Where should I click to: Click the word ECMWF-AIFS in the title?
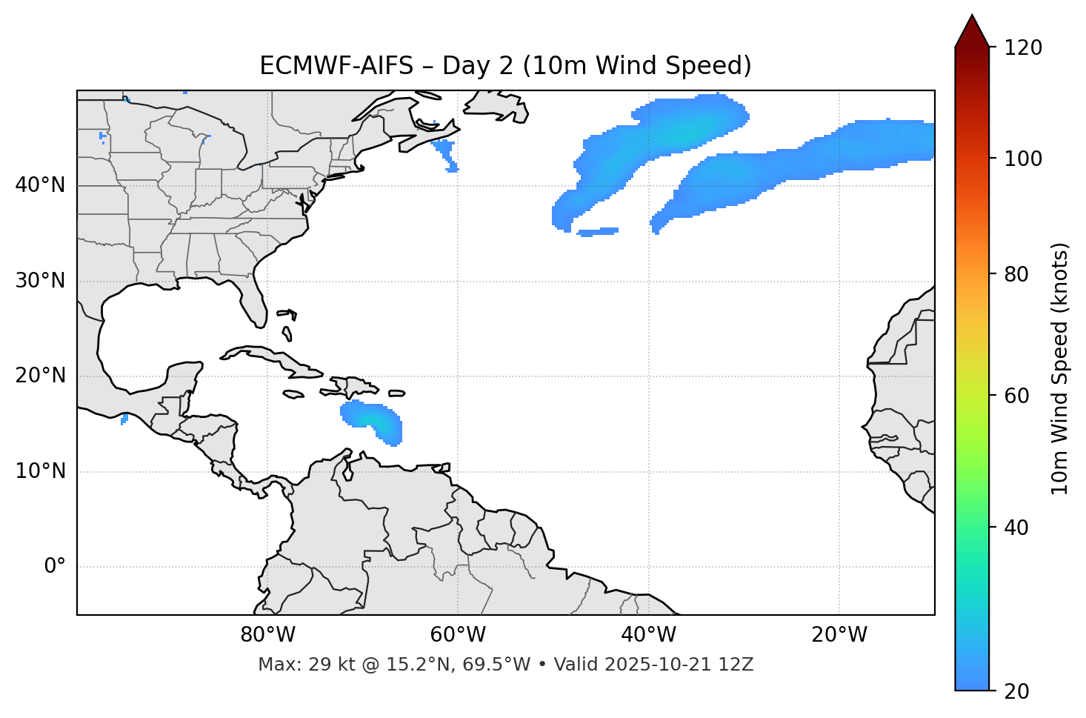pos(336,66)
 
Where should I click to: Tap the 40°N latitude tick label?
pos(40,185)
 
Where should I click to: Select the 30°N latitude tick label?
pos(40,281)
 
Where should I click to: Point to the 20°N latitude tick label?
pos(40,376)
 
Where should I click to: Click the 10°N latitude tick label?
pos(40,471)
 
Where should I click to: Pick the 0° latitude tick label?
pos(55,567)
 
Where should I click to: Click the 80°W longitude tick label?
pos(267,635)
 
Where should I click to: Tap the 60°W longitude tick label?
pos(458,635)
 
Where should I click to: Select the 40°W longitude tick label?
pos(648,635)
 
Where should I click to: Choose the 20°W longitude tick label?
pos(839,635)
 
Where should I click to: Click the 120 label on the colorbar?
pos(1022,48)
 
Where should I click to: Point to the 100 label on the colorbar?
pos(1022,159)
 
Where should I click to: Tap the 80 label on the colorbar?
pos(1016,274)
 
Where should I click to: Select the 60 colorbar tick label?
pos(1016,396)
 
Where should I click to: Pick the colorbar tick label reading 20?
pos(1016,691)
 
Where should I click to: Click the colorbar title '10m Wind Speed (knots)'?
pos(1060,369)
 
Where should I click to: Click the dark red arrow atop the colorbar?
pos(971,32)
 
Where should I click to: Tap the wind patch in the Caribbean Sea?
pos(374,419)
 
